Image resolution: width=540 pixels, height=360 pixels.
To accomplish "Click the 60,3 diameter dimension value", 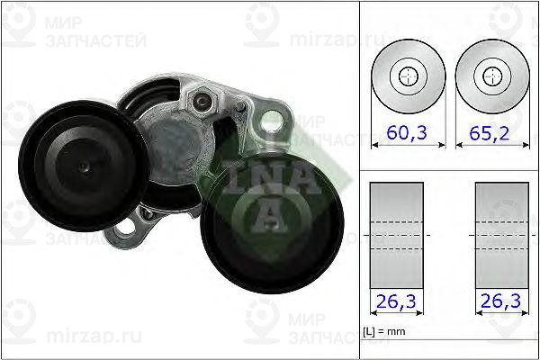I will tap(408, 132).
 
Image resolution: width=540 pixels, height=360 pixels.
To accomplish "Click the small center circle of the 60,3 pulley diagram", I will tap(408, 76).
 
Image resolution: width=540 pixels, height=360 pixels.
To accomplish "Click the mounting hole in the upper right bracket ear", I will tap(269, 124).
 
